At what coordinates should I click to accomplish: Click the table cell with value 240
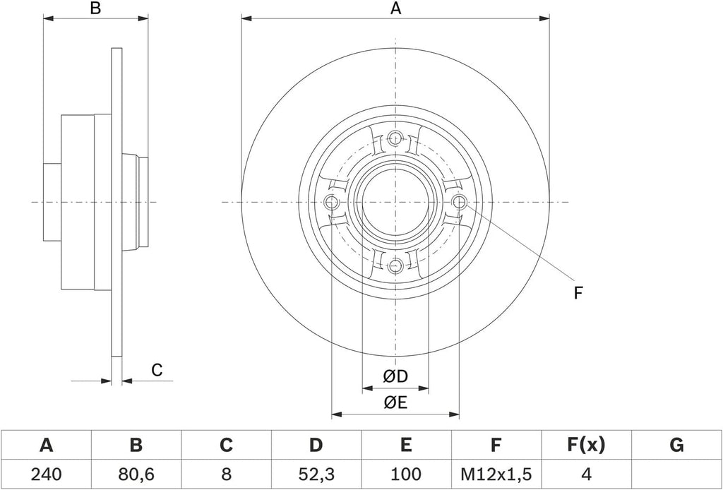[x=46, y=474]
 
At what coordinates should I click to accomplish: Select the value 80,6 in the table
[x=136, y=474]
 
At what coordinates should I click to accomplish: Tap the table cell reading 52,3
[x=316, y=474]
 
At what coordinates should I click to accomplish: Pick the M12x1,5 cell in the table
[x=496, y=474]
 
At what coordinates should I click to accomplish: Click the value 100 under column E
[x=406, y=474]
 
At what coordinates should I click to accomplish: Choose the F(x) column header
[x=585, y=446]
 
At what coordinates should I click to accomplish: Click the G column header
[x=676, y=446]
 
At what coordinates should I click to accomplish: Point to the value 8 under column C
[x=226, y=474]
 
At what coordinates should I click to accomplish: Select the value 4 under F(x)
[x=585, y=474]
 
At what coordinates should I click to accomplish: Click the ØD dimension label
[x=395, y=377]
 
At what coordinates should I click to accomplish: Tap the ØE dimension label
[x=395, y=403]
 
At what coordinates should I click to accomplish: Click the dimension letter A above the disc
[x=395, y=8]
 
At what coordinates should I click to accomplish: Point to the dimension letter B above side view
[x=95, y=8]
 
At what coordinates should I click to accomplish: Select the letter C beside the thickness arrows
[x=157, y=370]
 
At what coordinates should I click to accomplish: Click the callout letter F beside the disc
[x=578, y=293]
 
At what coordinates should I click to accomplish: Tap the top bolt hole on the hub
[x=395, y=138]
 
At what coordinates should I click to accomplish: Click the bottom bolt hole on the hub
[x=395, y=265]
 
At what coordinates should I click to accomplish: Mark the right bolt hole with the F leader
[x=459, y=202]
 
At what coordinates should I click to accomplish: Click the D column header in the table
[x=316, y=446]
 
